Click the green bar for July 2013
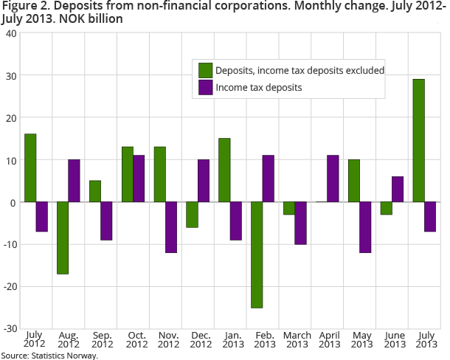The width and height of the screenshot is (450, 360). point(418,140)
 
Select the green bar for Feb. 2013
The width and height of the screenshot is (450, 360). point(256,255)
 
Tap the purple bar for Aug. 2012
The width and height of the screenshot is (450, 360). point(74,181)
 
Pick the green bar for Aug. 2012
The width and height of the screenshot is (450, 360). point(62,238)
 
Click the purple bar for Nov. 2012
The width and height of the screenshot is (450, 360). point(171,227)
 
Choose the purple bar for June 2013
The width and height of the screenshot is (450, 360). point(398,189)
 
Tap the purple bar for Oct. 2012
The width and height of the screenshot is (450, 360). point(139,179)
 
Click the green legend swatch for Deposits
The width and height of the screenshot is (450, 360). point(205,70)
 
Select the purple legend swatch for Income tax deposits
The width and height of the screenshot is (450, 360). point(205,87)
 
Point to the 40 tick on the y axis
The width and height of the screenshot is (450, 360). point(13,34)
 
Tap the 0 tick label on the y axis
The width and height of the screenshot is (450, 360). point(15,202)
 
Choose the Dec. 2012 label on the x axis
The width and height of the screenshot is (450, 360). point(202,339)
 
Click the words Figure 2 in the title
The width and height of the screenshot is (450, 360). point(26,7)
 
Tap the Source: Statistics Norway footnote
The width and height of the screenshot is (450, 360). point(49,355)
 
